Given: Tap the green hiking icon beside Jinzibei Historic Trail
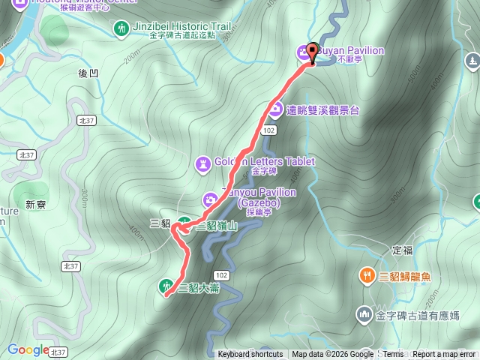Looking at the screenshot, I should [121, 28].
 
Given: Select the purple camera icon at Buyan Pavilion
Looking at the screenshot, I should [303, 51].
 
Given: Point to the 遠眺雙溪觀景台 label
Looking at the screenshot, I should [323, 109].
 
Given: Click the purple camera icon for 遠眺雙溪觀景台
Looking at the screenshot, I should [275, 109].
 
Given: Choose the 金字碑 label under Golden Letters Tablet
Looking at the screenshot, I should [265, 172].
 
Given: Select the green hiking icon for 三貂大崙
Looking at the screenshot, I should [165, 285].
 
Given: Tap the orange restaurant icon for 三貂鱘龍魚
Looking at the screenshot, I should [366, 275].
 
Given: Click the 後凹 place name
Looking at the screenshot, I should [88, 73].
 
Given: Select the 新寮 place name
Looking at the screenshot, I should [35, 204].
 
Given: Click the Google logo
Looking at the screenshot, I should [27, 349].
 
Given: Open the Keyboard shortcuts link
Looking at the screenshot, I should [250, 355].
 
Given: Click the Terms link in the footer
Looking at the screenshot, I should [393, 355].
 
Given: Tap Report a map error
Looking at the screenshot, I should [444, 355].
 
